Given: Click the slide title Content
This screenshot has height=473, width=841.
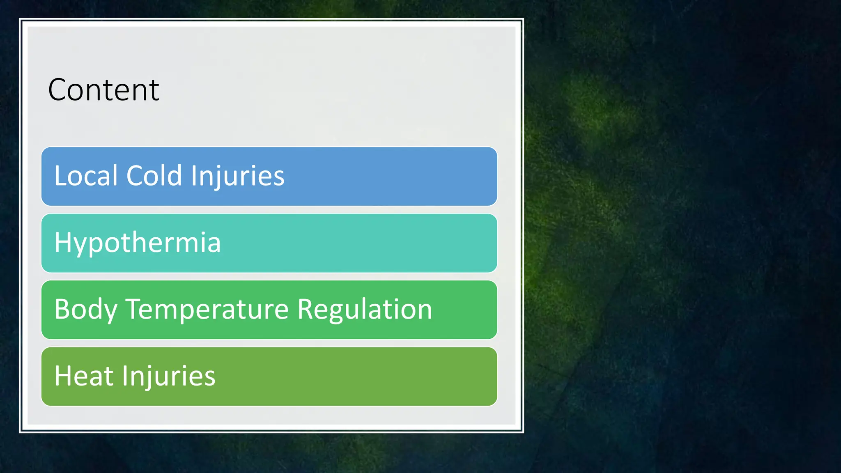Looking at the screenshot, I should point(103,90).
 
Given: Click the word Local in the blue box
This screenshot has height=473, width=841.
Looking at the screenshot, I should point(86,176).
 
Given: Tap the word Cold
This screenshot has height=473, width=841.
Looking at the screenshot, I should point(154,176).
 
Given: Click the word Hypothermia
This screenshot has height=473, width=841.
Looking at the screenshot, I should point(138,243).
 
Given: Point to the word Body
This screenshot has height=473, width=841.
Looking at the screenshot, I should point(86,310).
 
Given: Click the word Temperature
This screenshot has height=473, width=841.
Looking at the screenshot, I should point(207,310).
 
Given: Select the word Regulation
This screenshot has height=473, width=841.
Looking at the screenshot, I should point(365,310).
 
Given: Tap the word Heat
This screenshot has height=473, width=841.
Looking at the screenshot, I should point(84,376).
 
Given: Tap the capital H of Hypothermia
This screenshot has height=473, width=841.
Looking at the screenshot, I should point(62,242).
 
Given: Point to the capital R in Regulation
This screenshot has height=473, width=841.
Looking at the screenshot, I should point(305,309).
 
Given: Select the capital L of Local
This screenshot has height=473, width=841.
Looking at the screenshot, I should point(60,176).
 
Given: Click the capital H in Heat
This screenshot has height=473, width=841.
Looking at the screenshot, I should point(62,376).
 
